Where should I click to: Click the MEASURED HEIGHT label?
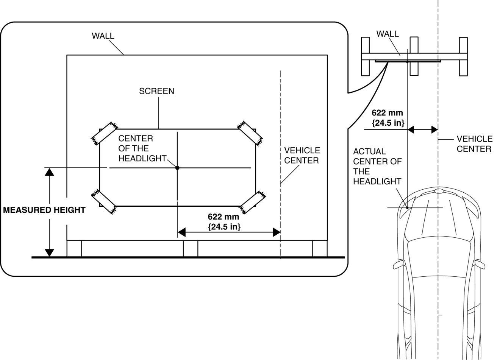coord(44,210)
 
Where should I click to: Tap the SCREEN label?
coord(156,91)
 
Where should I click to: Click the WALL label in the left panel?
coord(103,36)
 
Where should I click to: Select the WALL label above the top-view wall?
coord(387,34)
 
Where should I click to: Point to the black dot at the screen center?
coord(177,167)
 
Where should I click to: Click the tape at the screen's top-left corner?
coord(103,133)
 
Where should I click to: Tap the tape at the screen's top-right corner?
coord(249,132)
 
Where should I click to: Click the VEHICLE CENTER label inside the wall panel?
coord(302,156)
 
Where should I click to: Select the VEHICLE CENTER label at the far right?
coord(474,144)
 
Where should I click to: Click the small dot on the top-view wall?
coord(407,61)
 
